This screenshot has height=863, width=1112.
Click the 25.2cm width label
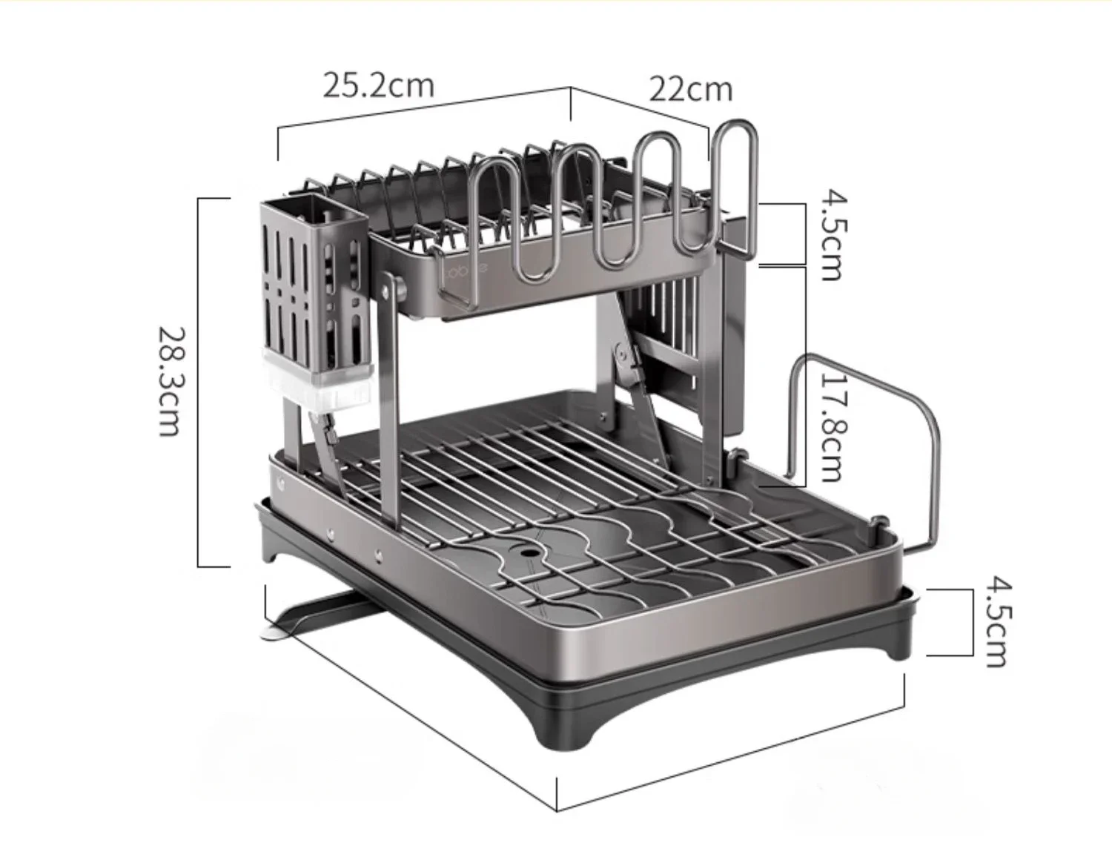[x=378, y=85]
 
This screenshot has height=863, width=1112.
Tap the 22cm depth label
[x=691, y=89]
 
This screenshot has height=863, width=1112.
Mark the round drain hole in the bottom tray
[x=531, y=552]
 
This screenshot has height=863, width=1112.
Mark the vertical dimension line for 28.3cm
[x=199, y=382]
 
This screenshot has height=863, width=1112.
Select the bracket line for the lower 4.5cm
[x=971, y=622]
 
